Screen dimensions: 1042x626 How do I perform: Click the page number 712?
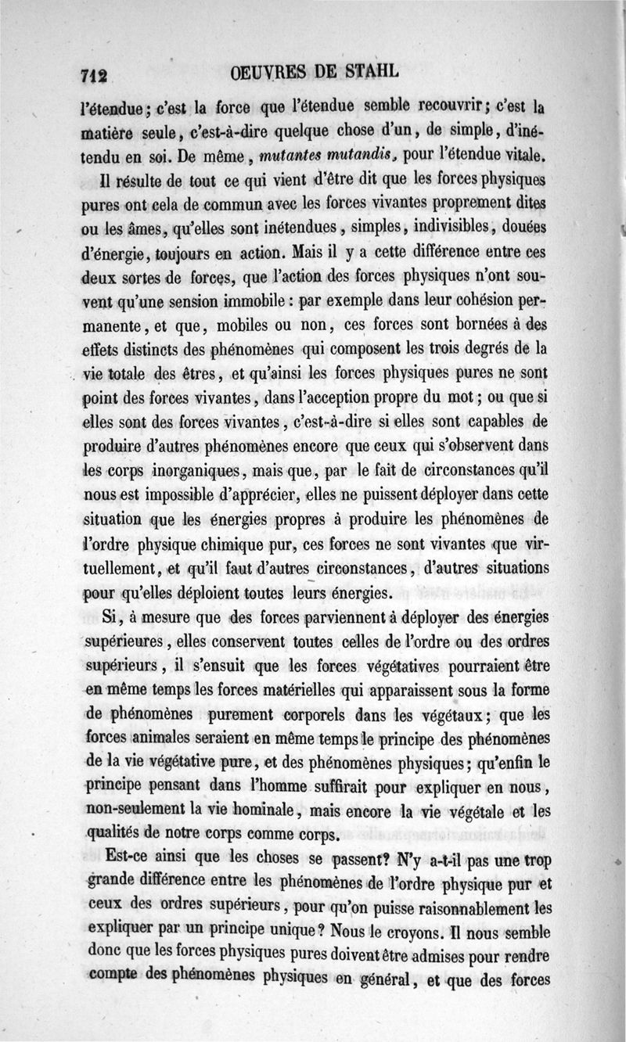point(95,76)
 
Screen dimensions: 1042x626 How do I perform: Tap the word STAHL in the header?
point(363,72)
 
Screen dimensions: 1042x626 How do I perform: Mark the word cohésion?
point(487,300)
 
